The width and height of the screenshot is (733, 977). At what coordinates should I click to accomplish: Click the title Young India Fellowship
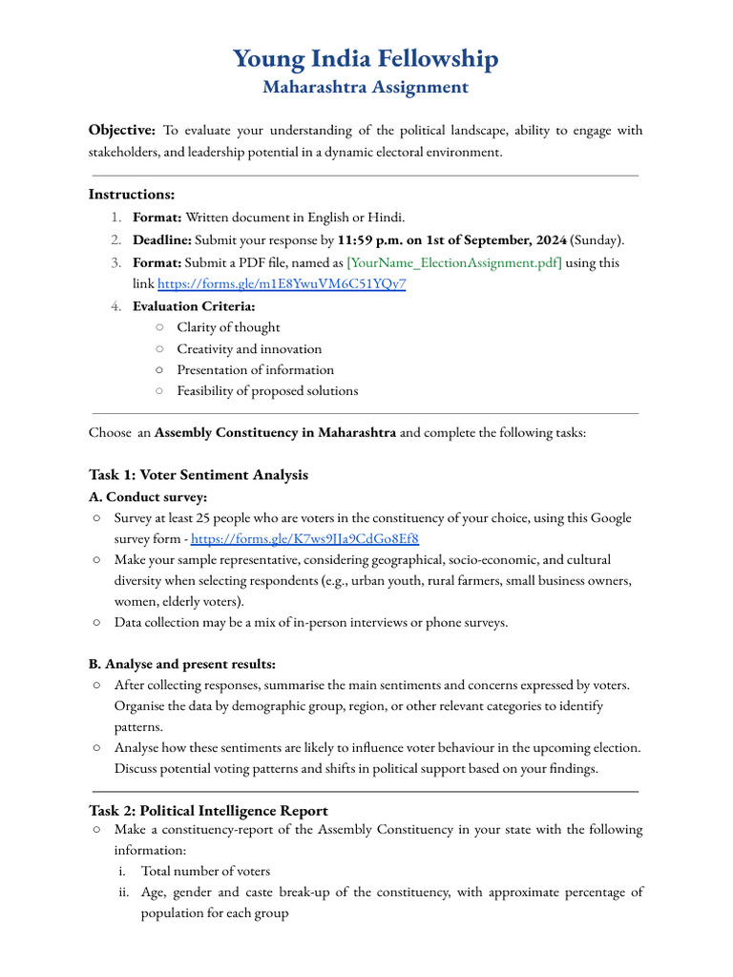pyautogui.click(x=366, y=59)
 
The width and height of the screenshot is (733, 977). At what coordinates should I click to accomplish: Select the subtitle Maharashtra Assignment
pyautogui.click(x=366, y=88)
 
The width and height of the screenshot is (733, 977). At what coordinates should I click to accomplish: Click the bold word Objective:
pyautogui.click(x=122, y=131)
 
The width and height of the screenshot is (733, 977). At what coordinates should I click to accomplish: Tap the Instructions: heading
pyautogui.click(x=132, y=195)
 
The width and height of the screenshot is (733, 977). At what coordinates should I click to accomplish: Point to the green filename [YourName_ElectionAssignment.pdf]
pyautogui.click(x=453, y=262)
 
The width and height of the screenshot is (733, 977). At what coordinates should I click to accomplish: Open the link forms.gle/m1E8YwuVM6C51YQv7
pyautogui.click(x=281, y=284)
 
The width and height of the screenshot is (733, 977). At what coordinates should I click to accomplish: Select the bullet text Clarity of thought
pyautogui.click(x=228, y=327)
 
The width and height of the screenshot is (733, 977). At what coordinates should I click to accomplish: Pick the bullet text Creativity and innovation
pyautogui.click(x=249, y=349)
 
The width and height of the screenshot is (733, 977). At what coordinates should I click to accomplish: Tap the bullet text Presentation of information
pyautogui.click(x=255, y=370)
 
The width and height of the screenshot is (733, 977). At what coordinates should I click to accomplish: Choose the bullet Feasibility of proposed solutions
pyautogui.click(x=267, y=391)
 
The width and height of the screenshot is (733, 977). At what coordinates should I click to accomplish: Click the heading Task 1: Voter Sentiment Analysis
pyautogui.click(x=199, y=475)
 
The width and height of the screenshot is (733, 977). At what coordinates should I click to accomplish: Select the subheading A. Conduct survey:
pyautogui.click(x=148, y=497)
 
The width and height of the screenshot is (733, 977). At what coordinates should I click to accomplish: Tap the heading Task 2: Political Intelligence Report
pyautogui.click(x=208, y=811)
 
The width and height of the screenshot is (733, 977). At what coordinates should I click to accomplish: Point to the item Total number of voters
pyautogui.click(x=205, y=871)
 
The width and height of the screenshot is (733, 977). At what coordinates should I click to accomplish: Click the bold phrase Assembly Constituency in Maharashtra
pyautogui.click(x=275, y=433)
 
